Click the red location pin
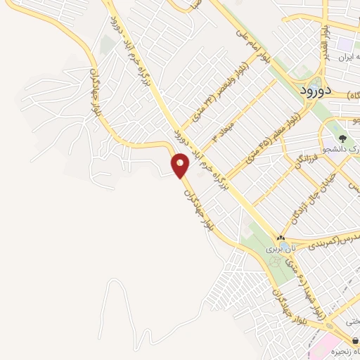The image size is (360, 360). pos(180,164)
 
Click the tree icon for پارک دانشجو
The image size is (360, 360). pos(342,139)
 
